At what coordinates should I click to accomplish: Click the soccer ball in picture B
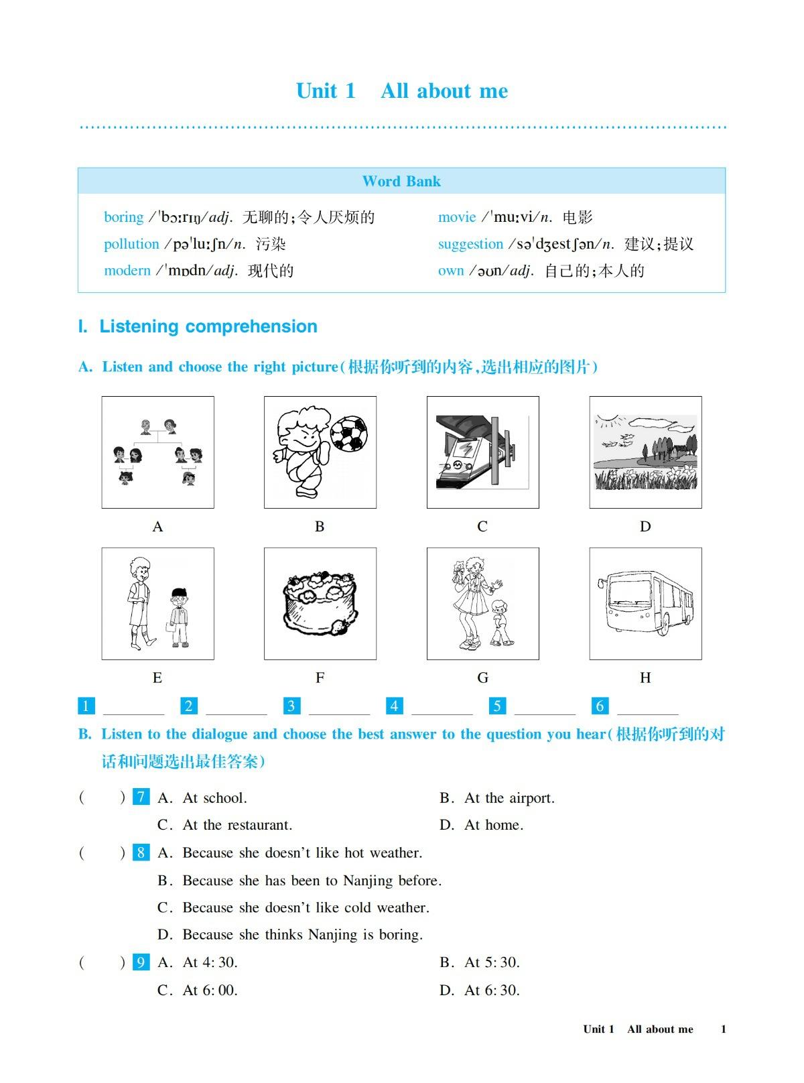[x=348, y=434]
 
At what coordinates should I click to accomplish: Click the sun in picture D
[x=607, y=422]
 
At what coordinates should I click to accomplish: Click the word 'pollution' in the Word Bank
[x=131, y=244]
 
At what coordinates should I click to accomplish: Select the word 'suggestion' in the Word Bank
[x=470, y=244]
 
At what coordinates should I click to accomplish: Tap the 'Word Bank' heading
[x=401, y=182]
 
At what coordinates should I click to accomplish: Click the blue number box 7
[x=141, y=798]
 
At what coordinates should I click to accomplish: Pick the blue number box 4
[x=394, y=706]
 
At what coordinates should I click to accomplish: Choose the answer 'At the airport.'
[x=509, y=798]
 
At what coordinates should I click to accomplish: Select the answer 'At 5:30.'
[x=492, y=963]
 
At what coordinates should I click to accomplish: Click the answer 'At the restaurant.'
[x=237, y=825]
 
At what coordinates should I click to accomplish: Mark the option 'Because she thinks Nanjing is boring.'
[x=302, y=935]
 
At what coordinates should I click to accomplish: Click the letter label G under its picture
[x=482, y=678]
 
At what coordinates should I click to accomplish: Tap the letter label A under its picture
[x=157, y=527]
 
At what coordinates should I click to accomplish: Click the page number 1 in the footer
[x=724, y=1029]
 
